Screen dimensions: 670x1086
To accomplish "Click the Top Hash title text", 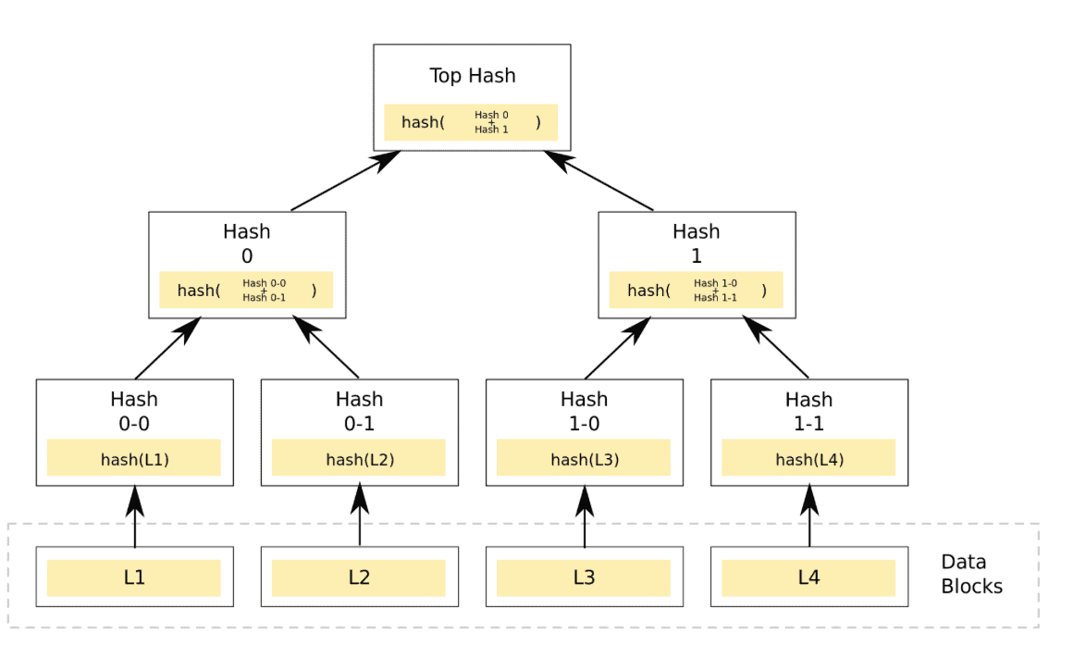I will [472, 76].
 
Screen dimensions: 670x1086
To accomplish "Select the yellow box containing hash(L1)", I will [134, 459].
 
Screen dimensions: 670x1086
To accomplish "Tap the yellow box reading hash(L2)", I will [359, 459].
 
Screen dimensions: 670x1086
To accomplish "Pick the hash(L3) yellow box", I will [584, 459].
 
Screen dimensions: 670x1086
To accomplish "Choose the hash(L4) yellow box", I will [808, 459].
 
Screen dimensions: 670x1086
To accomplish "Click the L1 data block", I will [134, 577].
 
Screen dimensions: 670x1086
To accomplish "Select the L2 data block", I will [359, 577].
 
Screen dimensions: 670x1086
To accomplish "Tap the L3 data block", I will [584, 577].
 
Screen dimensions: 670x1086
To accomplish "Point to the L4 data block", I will [808, 577].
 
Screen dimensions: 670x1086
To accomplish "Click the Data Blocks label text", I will [970, 574].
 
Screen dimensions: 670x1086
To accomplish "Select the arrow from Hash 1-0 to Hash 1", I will [618, 348].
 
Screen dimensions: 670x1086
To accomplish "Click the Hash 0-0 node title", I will [134, 411].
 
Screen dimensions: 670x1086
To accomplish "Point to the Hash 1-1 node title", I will [808, 411].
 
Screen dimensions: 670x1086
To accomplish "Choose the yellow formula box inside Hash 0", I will [246, 291].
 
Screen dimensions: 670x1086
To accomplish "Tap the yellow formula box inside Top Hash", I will [471, 122].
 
